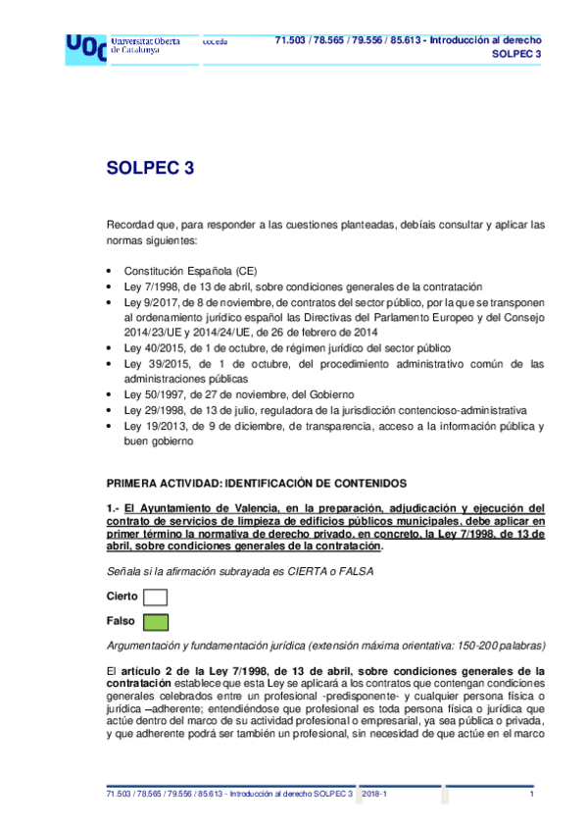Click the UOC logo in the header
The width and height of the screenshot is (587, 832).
coord(85,47)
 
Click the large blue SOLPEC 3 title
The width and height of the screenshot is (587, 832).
coord(150,168)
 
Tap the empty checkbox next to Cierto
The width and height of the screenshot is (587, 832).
coord(155,597)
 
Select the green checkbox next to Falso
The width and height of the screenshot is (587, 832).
coord(155,621)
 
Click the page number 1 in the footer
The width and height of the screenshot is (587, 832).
coord(530,793)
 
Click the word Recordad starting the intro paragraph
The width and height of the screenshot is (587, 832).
coord(130,225)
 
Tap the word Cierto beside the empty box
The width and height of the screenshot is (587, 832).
coord(122,597)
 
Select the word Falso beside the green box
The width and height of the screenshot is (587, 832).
coord(121,621)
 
